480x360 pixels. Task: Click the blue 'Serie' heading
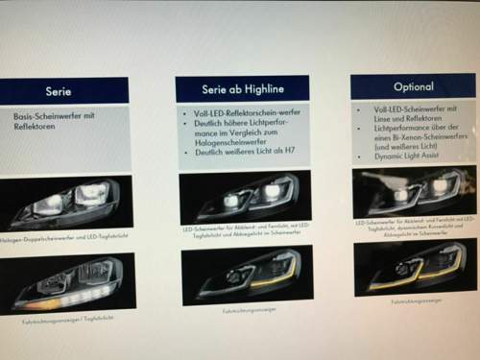[x=60, y=91]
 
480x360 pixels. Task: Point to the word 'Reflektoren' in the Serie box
[x=37, y=126]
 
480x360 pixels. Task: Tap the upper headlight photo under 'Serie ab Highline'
[x=245, y=198]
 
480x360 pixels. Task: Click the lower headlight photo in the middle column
[x=246, y=275]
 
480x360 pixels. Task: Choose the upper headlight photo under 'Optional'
[x=415, y=191]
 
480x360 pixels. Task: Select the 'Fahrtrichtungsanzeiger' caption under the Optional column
[x=416, y=300]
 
